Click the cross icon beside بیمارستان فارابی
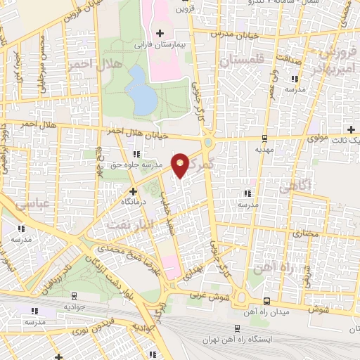click(160, 33)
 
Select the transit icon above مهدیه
click(264, 139)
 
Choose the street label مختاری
click(305, 233)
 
